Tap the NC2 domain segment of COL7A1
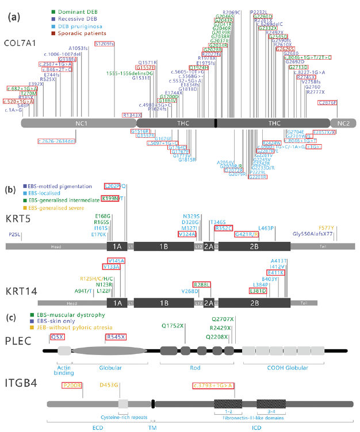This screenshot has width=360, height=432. [343, 123]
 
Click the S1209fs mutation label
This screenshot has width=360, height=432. [104, 44]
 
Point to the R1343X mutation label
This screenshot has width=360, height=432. [132, 115]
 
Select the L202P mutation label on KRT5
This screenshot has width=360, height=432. [112, 186]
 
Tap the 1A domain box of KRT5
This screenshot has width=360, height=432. [117, 246]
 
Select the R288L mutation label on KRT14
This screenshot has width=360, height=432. [201, 284]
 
